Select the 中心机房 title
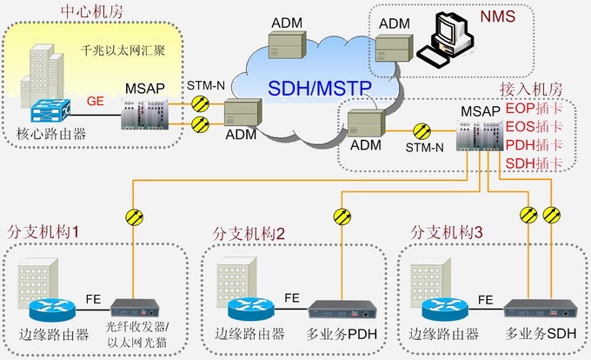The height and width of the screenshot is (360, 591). pyautogui.click(x=90, y=11)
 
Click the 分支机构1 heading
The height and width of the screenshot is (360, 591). pyautogui.click(x=43, y=232)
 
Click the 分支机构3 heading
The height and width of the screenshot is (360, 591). pyautogui.click(x=445, y=232)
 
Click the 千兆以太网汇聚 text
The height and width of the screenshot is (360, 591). pyautogui.click(x=123, y=50)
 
